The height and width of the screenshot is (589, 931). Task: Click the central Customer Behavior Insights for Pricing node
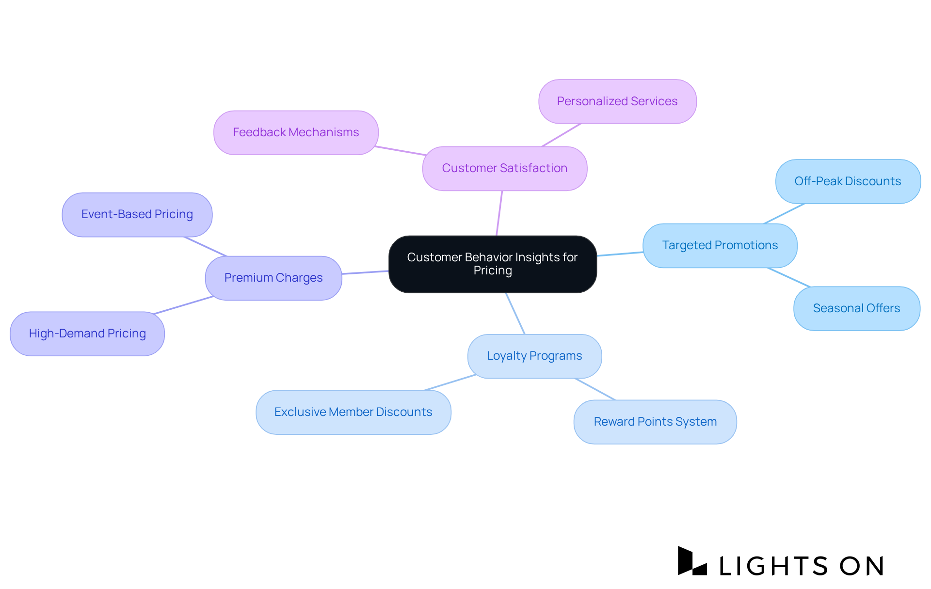(x=492, y=264)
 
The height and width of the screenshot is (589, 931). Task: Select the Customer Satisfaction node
(x=504, y=168)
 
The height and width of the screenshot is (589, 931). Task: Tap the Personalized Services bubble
(x=617, y=101)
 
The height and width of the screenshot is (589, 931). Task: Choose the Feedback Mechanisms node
(x=296, y=132)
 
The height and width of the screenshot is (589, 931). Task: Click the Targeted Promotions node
(x=720, y=245)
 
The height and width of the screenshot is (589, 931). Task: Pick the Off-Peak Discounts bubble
(x=848, y=181)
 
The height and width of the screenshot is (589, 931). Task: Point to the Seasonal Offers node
(x=856, y=308)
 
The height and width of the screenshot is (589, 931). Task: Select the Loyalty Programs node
(x=534, y=356)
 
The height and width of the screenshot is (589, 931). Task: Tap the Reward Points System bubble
(x=655, y=422)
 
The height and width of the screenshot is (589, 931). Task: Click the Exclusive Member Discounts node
(x=353, y=412)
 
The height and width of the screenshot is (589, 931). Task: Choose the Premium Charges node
(x=273, y=278)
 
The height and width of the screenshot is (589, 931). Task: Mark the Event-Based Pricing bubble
(x=137, y=214)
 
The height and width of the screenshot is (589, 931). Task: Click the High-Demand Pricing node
(x=87, y=334)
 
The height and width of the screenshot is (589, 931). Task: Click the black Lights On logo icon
(x=692, y=561)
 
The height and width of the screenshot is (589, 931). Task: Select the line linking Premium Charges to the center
(x=365, y=272)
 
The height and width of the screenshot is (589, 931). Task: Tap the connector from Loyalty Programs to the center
(x=515, y=313)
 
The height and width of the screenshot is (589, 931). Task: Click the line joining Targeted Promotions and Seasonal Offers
(x=789, y=277)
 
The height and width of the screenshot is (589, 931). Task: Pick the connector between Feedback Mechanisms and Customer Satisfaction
(x=401, y=150)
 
